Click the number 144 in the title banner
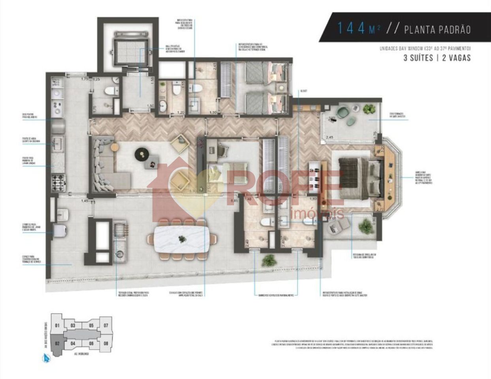point(350,28)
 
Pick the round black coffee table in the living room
point(141,154)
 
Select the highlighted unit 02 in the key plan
point(57,343)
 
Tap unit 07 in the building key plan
point(106,326)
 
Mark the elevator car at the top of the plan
point(124,49)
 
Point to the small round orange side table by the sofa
point(115,147)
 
